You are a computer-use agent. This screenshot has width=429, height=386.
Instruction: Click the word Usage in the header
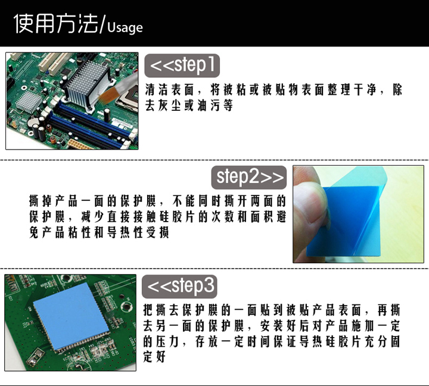coord(125,28)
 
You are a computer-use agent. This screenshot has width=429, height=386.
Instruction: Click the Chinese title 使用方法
coord(56,23)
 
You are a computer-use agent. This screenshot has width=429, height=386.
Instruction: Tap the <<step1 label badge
coord(182,66)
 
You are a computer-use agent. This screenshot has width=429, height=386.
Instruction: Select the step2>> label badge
coord(249,178)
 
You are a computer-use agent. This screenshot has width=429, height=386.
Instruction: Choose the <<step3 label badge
coord(179,287)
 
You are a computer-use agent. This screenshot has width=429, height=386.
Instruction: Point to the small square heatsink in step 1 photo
coord(28,101)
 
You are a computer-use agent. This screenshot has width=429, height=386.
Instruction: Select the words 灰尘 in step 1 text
coord(169,105)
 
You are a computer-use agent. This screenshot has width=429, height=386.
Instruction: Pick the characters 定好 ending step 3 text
coord(154,357)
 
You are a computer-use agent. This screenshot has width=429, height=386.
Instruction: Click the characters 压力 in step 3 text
coord(167,341)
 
